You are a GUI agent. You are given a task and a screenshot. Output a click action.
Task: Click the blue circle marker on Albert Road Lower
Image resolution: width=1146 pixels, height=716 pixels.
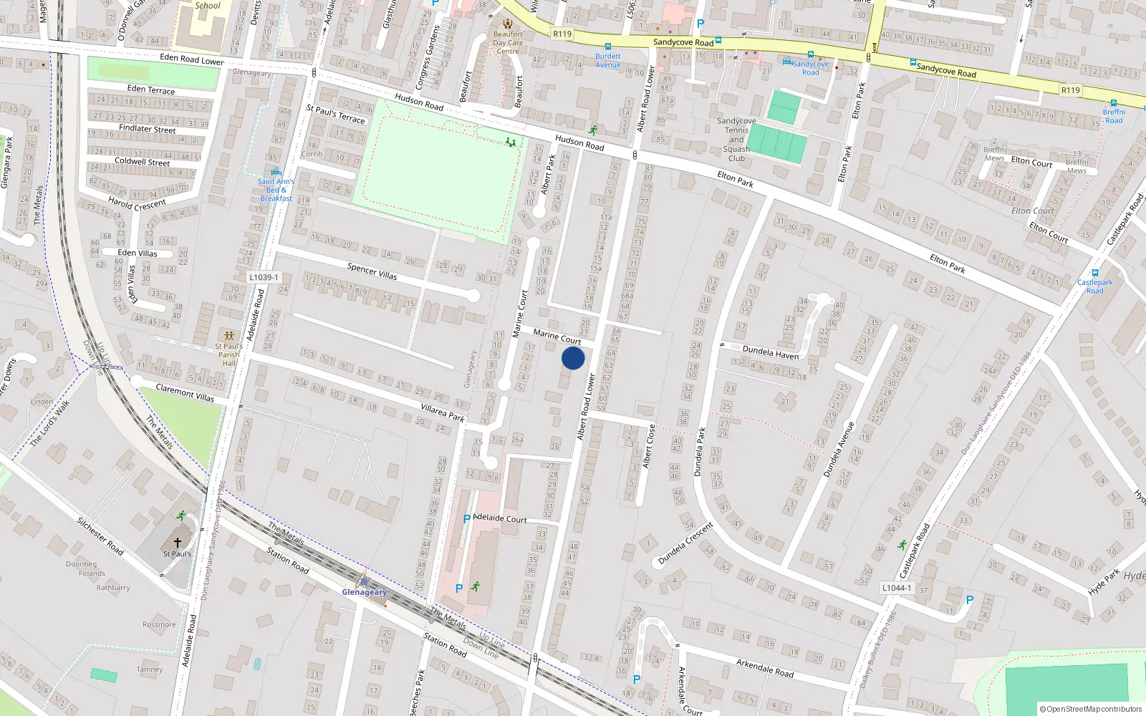click(x=572, y=358)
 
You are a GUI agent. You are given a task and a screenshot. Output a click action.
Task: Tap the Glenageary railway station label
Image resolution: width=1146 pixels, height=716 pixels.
click(x=364, y=592)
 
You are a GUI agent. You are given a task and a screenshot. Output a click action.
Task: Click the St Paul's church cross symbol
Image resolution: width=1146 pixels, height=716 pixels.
click(x=178, y=543)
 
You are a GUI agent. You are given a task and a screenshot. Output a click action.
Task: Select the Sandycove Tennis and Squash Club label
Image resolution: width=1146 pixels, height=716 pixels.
click(x=736, y=140)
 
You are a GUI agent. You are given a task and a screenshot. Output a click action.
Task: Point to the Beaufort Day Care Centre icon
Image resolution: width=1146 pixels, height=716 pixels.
click(x=508, y=24)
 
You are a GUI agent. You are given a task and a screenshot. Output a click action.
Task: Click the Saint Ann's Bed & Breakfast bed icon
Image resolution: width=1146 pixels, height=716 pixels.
click(x=276, y=172)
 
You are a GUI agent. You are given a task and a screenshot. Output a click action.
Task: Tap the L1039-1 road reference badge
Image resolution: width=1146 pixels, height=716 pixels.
click(x=264, y=277)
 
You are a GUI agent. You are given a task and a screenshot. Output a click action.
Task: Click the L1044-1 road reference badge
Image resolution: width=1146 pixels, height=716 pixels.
click(x=897, y=588)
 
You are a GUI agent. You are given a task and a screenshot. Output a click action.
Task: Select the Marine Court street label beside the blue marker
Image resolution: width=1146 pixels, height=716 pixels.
click(x=557, y=336)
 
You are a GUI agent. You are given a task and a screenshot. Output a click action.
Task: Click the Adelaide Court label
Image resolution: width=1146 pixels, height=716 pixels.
click(x=500, y=518)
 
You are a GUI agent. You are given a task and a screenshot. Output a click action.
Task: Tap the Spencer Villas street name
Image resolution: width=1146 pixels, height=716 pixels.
click(x=372, y=271)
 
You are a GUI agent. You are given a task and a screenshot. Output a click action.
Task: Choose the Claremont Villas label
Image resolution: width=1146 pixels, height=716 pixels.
click(x=185, y=392)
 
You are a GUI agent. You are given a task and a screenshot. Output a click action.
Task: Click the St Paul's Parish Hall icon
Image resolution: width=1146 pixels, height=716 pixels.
click(x=228, y=335)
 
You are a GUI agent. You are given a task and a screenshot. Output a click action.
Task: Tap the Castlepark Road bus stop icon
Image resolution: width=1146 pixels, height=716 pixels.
click(x=1094, y=273)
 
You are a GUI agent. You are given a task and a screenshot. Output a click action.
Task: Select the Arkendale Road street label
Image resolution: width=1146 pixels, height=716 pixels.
click(x=765, y=667)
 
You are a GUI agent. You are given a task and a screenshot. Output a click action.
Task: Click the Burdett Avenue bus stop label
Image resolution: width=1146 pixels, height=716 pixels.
click(x=608, y=60)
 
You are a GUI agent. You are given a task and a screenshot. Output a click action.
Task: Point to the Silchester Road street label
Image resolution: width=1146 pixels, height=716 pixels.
click(x=100, y=536)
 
